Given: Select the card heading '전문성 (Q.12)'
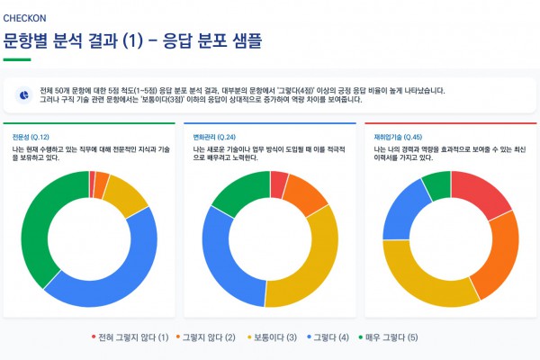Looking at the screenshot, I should click(31, 136).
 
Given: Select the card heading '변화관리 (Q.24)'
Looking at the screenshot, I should click(212, 136).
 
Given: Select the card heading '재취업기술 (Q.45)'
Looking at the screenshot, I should click(396, 136).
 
